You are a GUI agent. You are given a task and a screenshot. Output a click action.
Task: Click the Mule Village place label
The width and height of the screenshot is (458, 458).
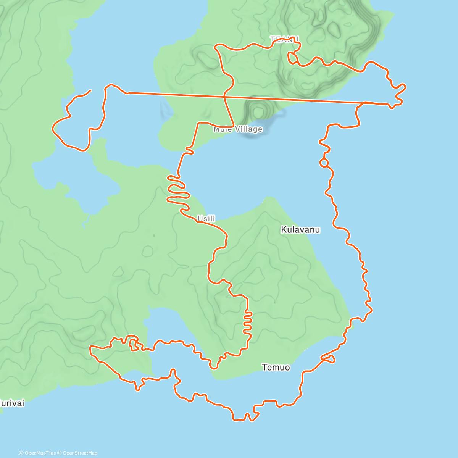[x=238, y=129]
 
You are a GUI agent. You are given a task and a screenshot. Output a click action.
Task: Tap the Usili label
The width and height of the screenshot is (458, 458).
[x=206, y=219]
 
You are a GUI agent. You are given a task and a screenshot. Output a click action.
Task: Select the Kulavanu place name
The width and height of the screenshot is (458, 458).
[x=300, y=230]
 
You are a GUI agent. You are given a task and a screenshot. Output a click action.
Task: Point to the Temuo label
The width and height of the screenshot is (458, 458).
[x=276, y=368]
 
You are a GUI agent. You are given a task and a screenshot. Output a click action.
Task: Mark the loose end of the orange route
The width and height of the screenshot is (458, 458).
[x=90, y=90]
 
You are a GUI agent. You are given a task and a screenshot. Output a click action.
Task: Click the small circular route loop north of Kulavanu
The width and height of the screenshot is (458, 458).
[x=324, y=163]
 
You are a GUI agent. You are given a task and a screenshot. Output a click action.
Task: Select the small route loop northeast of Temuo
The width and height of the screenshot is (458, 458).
[x=329, y=358]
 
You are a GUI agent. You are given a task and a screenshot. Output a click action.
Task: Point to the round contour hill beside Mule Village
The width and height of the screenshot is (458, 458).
[x=258, y=112]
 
